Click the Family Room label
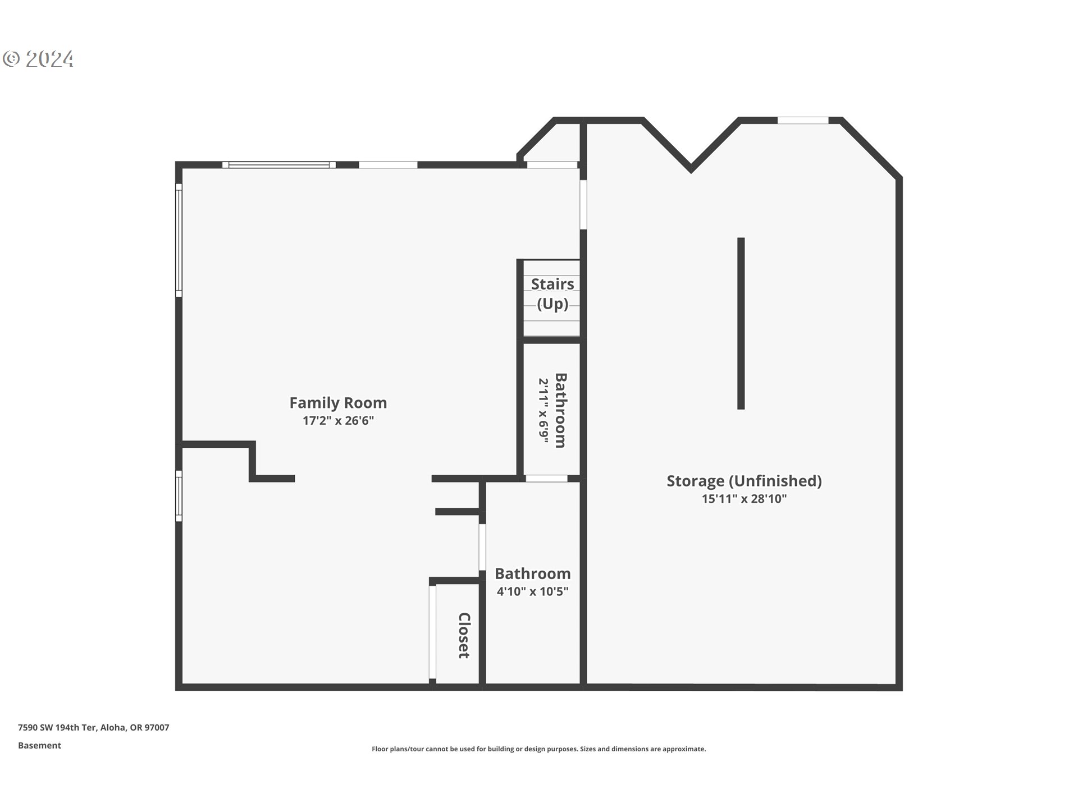point(337,403)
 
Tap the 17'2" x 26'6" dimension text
point(337,421)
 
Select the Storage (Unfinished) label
point(744,481)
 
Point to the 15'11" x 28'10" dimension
point(744,499)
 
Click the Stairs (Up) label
point(552,293)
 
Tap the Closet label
point(464,635)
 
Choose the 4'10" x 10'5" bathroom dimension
point(532,591)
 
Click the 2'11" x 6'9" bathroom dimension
point(543,411)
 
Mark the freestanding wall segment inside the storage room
point(741,323)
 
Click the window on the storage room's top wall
point(802,120)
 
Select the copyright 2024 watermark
point(38,59)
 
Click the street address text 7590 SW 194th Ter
point(93,728)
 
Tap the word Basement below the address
point(39,746)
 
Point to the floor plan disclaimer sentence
point(538,749)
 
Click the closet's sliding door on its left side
point(432,632)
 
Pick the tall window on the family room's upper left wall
point(179,240)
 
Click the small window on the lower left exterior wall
point(179,496)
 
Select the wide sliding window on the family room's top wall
point(278,165)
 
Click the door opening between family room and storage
point(583,204)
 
